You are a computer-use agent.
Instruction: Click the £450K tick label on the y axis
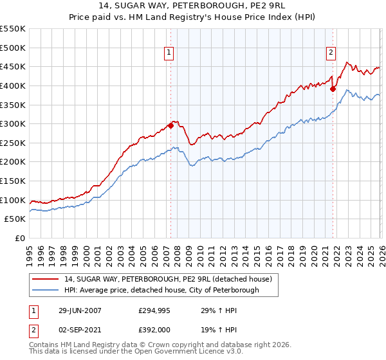click(x=13, y=67)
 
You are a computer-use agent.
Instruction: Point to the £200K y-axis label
click(x=13, y=162)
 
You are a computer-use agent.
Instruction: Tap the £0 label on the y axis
click(x=20, y=239)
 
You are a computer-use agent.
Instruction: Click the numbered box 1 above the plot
click(x=169, y=53)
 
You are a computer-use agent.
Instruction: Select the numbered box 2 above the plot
click(x=331, y=53)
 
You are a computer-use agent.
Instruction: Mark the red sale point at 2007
click(x=171, y=126)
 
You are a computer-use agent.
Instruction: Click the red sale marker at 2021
click(x=333, y=89)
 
